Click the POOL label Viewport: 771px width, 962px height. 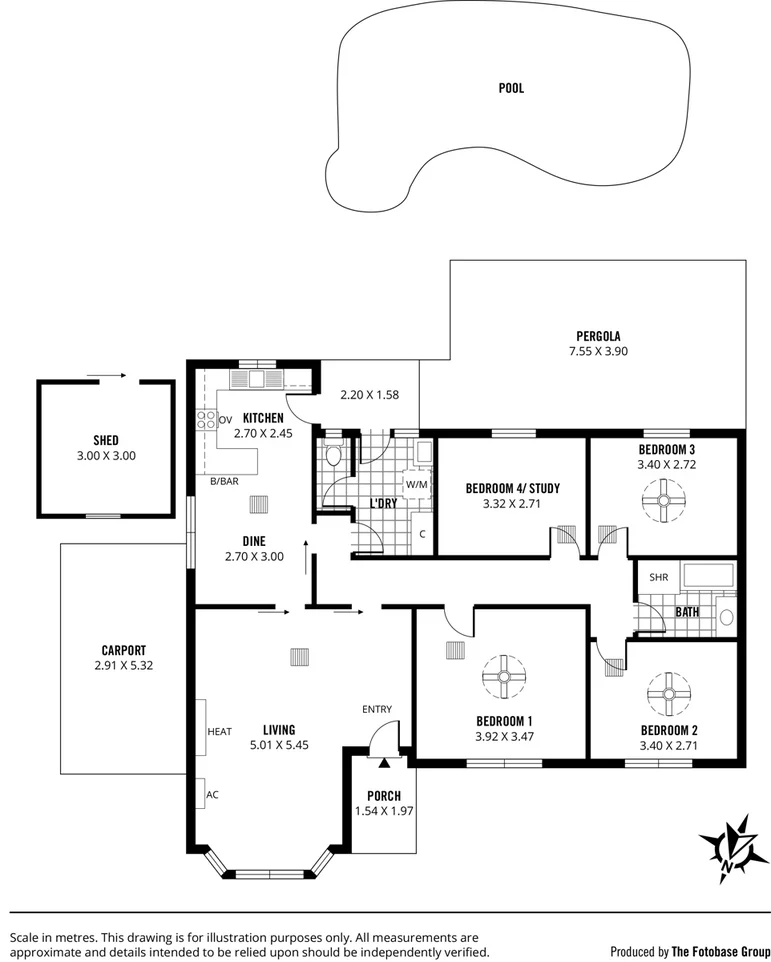click(x=511, y=88)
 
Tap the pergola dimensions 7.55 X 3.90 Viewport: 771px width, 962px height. click(x=598, y=351)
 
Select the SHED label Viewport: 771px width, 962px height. click(x=106, y=440)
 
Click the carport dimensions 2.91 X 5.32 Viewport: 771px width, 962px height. click(x=123, y=665)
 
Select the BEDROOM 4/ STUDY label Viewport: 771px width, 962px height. click(x=512, y=489)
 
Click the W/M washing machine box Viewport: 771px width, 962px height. click(x=416, y=484)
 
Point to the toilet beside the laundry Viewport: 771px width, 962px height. click(x=335, y=456)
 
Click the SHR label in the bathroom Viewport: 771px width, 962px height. click(x=658, y=577)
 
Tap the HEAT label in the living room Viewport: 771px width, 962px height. click(x=220, y=732)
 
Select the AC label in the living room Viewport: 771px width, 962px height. click(x=212, y=795)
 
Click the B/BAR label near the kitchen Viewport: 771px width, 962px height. click(x=223, y=482)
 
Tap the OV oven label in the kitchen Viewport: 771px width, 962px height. click(x=225, y=419)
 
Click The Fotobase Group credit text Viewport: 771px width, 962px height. click(x=720, y=951)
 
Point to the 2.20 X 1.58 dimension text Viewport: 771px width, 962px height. click(x=369, y=395)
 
